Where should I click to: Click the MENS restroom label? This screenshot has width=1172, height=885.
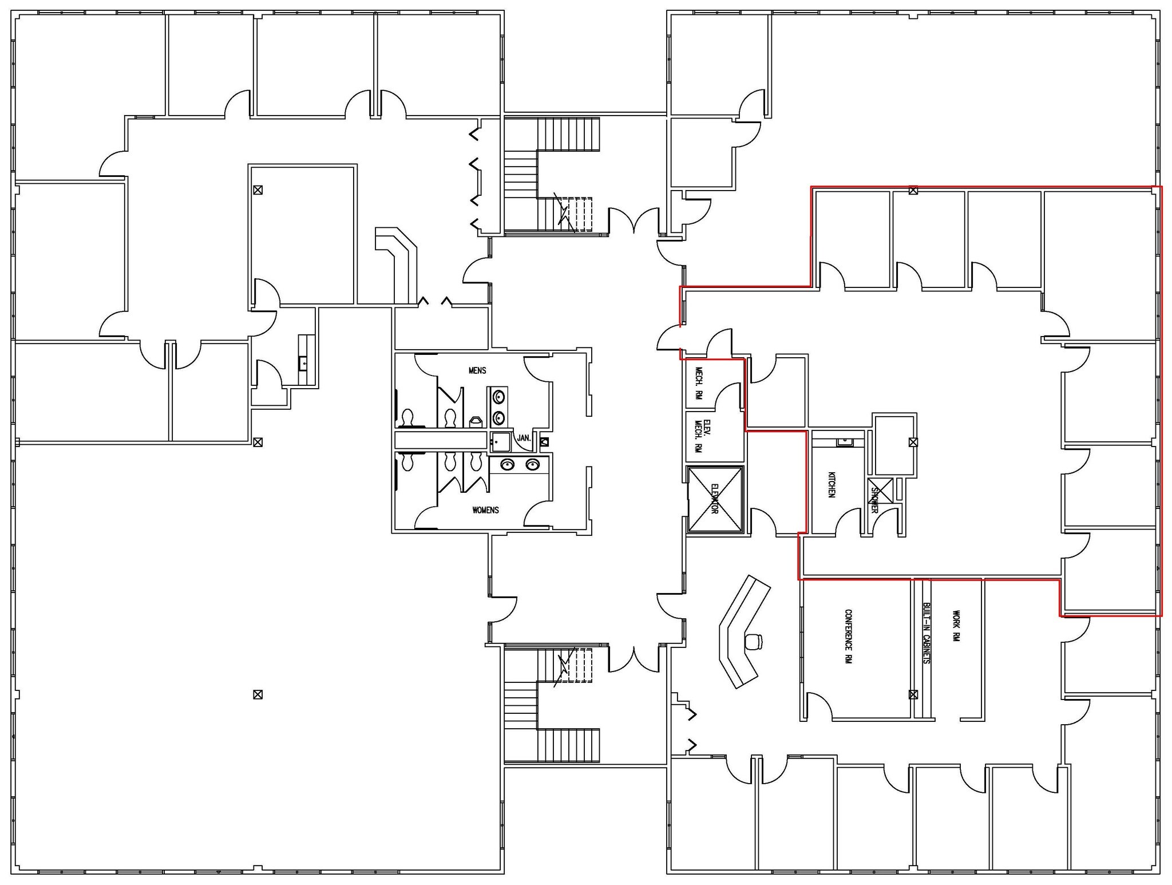pos(477,370)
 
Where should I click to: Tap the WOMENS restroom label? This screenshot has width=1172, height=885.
pos(485,509)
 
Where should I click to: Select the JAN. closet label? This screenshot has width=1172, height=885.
pos(524,438)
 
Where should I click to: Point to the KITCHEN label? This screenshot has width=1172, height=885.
pos(832,484)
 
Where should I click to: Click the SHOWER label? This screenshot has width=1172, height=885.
pos(874,499)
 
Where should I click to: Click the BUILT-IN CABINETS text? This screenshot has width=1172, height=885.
pos(926,633)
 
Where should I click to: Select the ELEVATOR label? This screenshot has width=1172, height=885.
pos(715,499)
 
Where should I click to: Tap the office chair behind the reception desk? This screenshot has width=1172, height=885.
pos(754,642)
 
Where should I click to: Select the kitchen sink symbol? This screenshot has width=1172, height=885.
pos(844,442)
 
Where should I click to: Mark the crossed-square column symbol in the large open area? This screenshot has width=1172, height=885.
pos(258,694)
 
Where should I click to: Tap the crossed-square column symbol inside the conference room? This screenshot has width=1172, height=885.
pos(913,694)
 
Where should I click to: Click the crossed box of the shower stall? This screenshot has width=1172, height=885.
pos(881,491)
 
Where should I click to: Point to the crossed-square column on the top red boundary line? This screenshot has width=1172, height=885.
pos(913,190)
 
